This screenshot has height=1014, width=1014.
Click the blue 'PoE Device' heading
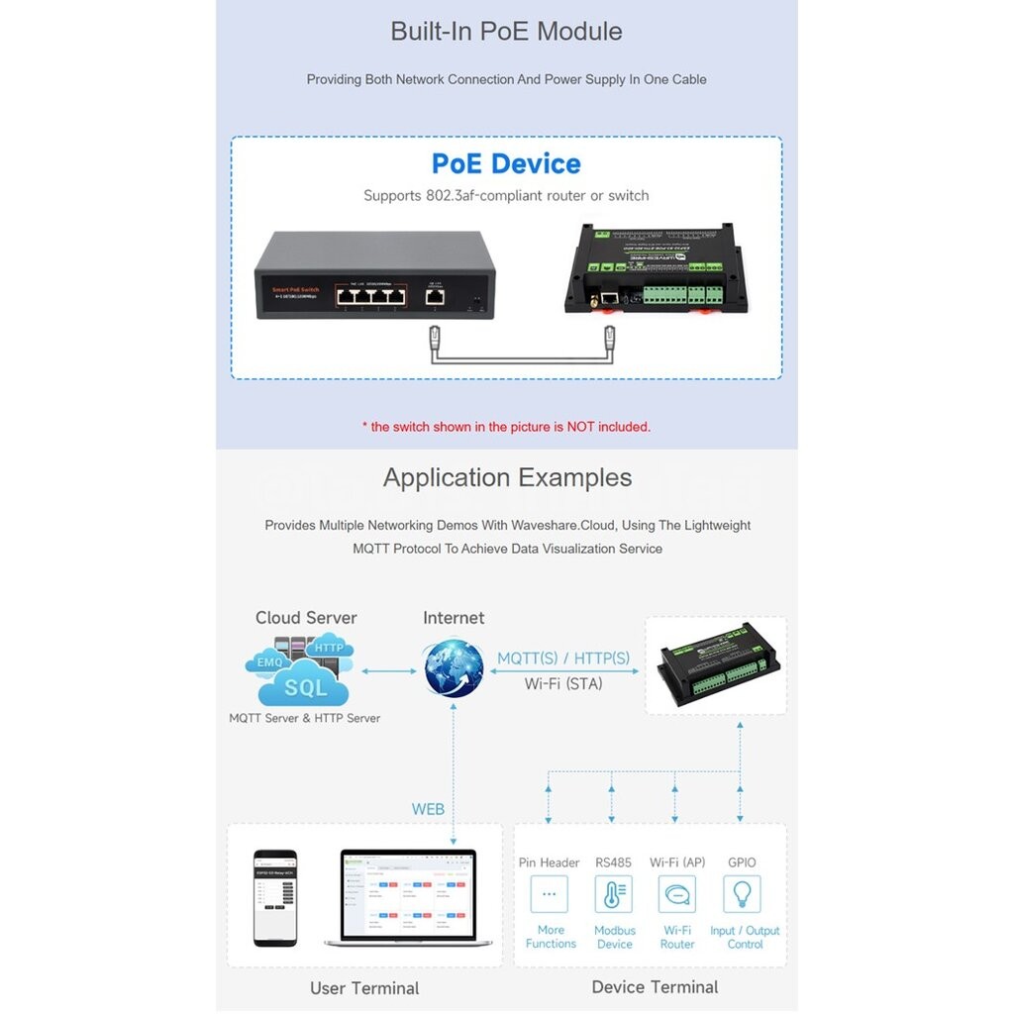(506, 163)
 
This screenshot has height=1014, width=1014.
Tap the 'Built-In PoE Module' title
(506, 31)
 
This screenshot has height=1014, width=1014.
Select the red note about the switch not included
(506, 427)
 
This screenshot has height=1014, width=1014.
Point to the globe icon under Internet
(454, 668)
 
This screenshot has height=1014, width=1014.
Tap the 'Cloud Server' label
(306, 618)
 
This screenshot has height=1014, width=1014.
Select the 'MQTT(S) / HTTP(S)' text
(562, 658)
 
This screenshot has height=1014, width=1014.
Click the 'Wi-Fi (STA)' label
(562, 683)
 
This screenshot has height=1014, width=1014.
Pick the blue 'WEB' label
(428, 809)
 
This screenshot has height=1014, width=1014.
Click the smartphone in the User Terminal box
(275, 897)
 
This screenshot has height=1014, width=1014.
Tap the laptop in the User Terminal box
(408, 897)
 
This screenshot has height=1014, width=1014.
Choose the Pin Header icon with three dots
(550, 894)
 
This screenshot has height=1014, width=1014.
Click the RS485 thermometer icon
(614, 894)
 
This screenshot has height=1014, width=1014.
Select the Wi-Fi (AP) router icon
(677, 894)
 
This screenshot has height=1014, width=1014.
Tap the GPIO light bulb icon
(742, 894)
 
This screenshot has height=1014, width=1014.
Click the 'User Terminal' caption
(364, 988)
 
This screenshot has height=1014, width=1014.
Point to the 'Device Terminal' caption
(655, 986)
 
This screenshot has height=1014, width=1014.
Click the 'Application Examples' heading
(507, 477)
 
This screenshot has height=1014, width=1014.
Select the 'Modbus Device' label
(615, 937)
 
